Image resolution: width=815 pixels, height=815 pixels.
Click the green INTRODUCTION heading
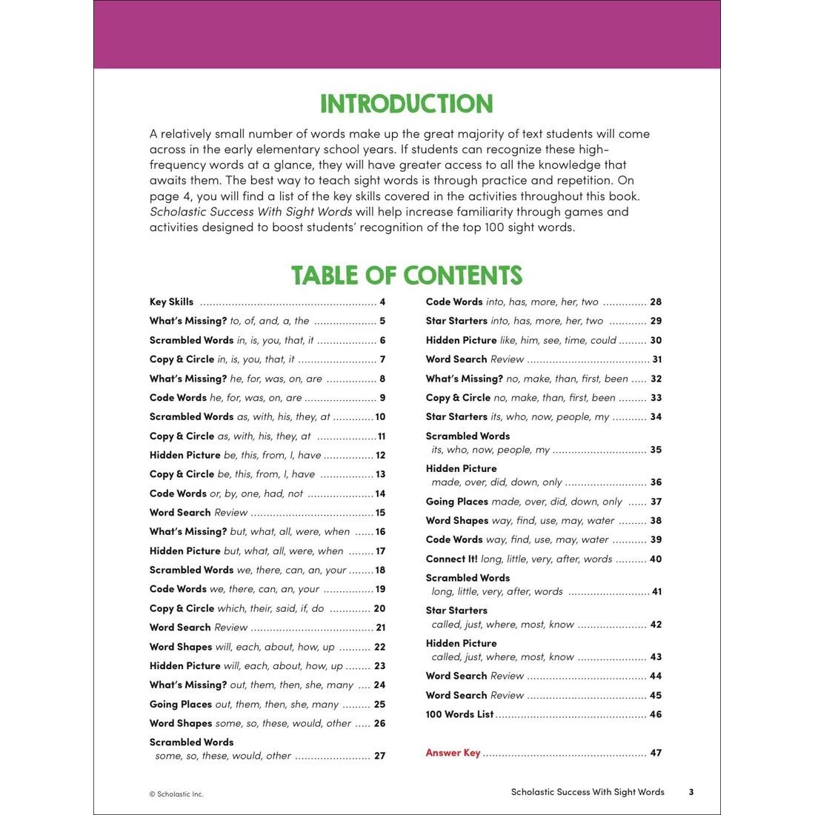(407, 104)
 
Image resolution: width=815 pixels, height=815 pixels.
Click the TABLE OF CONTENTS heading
(407, 275)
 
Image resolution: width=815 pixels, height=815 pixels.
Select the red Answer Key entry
(453, 753)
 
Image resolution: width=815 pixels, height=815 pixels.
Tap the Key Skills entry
(171, 302)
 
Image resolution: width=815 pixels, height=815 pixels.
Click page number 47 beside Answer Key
(656, 753)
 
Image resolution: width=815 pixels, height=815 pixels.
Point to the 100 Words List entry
(459, 714)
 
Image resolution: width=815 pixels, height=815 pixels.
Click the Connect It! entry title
(451, 559)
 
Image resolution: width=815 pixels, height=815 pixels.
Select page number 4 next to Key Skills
(382, 302)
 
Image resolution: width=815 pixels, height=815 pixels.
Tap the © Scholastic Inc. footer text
(176, 794)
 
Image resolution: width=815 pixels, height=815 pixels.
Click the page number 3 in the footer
(691, 792)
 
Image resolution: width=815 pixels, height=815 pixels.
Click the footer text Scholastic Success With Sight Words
(588, 792)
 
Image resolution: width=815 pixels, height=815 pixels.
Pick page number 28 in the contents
(656, 302)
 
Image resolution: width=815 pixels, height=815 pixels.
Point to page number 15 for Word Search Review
(381, 512)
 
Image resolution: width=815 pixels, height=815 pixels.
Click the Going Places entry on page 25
(181, 704)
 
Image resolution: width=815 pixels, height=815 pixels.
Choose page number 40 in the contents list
(656, 559)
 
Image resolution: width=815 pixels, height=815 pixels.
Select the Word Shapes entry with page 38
(457, 520)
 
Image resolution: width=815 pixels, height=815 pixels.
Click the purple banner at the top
(407, 34)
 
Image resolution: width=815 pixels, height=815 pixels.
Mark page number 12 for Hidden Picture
(381, 455)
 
